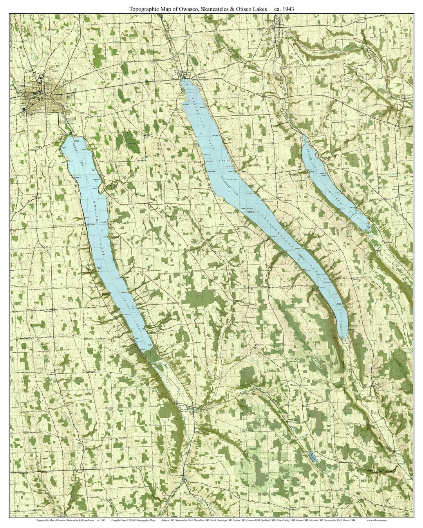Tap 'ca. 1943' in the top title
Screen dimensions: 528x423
pyautogui.click(x=287, y=8)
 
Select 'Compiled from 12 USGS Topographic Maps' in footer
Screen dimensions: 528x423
pyautogui.click(x=133, y=521)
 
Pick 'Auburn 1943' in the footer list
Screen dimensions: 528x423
pyautogui.click(x=168, y=521)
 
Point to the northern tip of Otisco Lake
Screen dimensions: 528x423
pyautogui.click(x=304, y=137)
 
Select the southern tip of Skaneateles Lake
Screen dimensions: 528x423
pyautogui.click(x=343, y=336)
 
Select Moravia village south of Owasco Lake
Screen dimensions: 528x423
pyautogui.click(x=193, y=409)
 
